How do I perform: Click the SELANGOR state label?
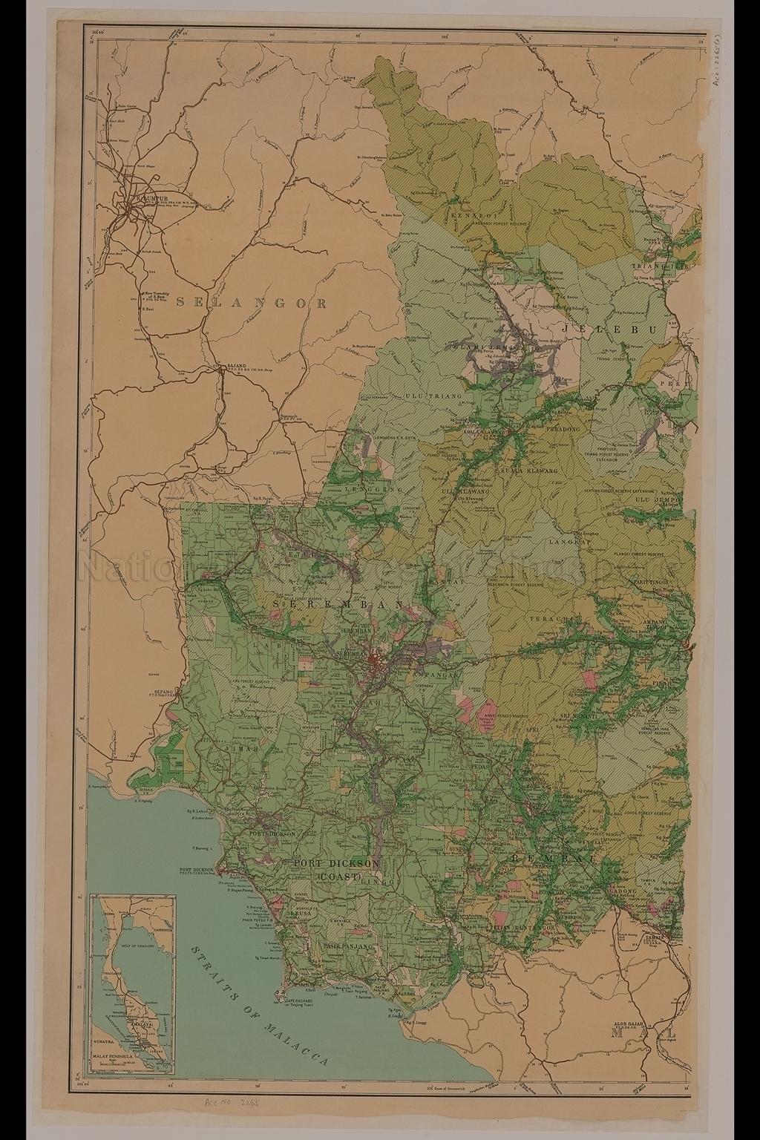point(252,303)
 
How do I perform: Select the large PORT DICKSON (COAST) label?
point(337,870)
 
